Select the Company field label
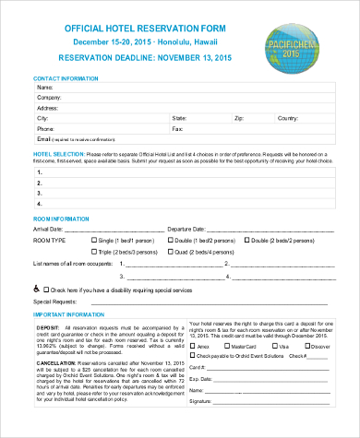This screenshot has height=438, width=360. point(48,98)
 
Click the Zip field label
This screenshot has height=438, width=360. point(238,119)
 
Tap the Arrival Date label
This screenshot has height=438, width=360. point(48,228)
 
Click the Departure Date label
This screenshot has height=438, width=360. point(186,228)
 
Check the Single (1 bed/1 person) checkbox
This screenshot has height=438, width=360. point(94,240)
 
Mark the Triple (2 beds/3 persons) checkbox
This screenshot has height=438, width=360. point(94,251)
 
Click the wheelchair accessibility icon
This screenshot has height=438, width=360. point(37,288)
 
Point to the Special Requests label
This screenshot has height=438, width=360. point(56,301)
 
